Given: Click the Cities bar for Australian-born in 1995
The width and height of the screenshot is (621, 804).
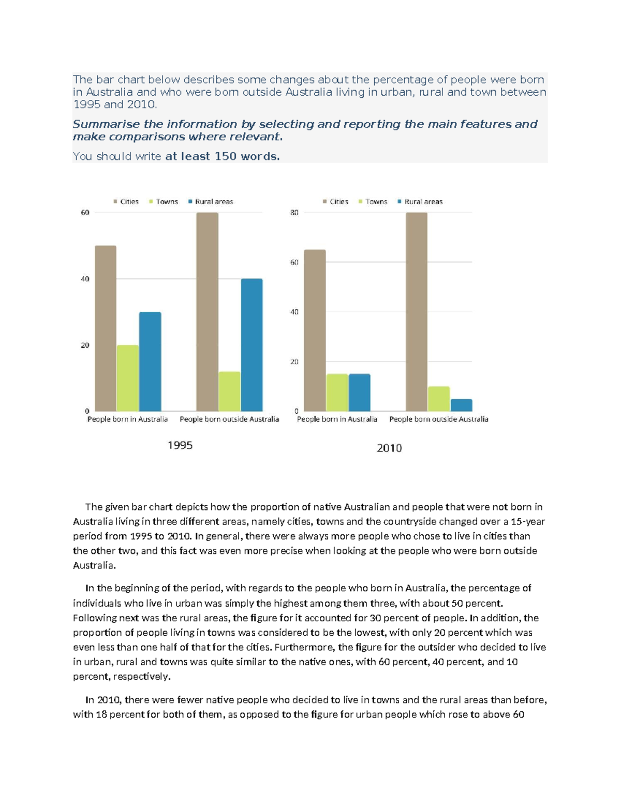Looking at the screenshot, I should tap(106, 328).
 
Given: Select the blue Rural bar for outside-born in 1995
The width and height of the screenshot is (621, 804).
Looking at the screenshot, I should tap(252, 345).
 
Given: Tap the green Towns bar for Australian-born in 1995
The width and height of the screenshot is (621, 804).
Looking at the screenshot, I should tap(128, 378).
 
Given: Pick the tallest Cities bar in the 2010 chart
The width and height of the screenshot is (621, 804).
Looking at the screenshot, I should tap(417, 312).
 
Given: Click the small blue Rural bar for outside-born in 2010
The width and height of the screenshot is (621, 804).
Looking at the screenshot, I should tap(461, 405).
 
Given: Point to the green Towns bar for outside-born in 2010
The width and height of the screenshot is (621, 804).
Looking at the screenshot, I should tap(439, 399).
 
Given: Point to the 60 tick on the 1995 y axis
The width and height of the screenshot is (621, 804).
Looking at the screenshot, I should tap(85, 212).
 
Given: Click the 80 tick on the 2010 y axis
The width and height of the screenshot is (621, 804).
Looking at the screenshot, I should tap(294, 212).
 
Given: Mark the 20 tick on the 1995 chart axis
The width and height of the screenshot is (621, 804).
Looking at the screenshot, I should tap(85, 345).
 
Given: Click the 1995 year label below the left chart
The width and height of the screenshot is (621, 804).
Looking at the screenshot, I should tap(180, 445).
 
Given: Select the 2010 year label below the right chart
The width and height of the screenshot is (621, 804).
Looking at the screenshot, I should tap(389, 448).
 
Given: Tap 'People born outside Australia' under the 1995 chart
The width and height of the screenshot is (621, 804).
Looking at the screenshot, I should tap(229, 419).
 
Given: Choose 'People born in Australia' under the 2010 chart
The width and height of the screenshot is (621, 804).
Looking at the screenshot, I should tap(337, 419).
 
